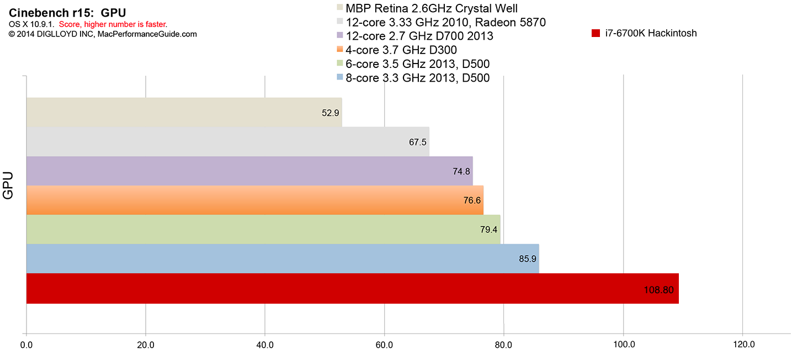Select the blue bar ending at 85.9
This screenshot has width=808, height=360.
coord(283,258)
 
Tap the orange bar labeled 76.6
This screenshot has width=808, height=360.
coord(255,200)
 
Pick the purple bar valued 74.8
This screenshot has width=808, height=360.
coord(249,171)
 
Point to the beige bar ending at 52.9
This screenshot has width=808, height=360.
coord(184,112)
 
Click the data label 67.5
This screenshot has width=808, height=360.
coord(417,142)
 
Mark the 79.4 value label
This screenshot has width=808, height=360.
coord(489,230)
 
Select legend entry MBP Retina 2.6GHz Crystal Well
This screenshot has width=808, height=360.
coord(431,8)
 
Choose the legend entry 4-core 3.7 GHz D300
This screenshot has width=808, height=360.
coord(401,50)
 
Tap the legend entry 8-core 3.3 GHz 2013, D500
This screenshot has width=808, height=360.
coord(417,78)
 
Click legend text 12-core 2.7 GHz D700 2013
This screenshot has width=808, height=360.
coord(419,36)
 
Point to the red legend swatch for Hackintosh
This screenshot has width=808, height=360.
coord(596,33)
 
